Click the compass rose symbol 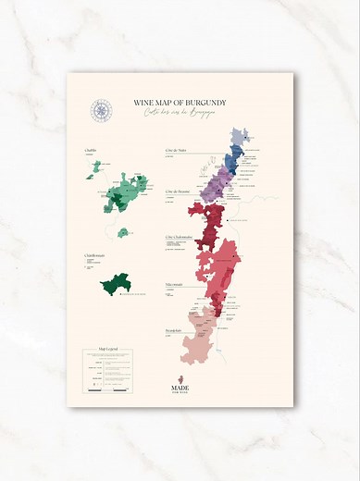[x=100, y=111]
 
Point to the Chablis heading [x=91, y=149]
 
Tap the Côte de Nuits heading [x=177, y=149]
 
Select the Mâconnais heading [x=175, y=284]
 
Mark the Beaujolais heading [x=176, y=329]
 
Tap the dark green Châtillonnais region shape [x=117, y=283]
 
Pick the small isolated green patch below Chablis [x=122, y=231]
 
